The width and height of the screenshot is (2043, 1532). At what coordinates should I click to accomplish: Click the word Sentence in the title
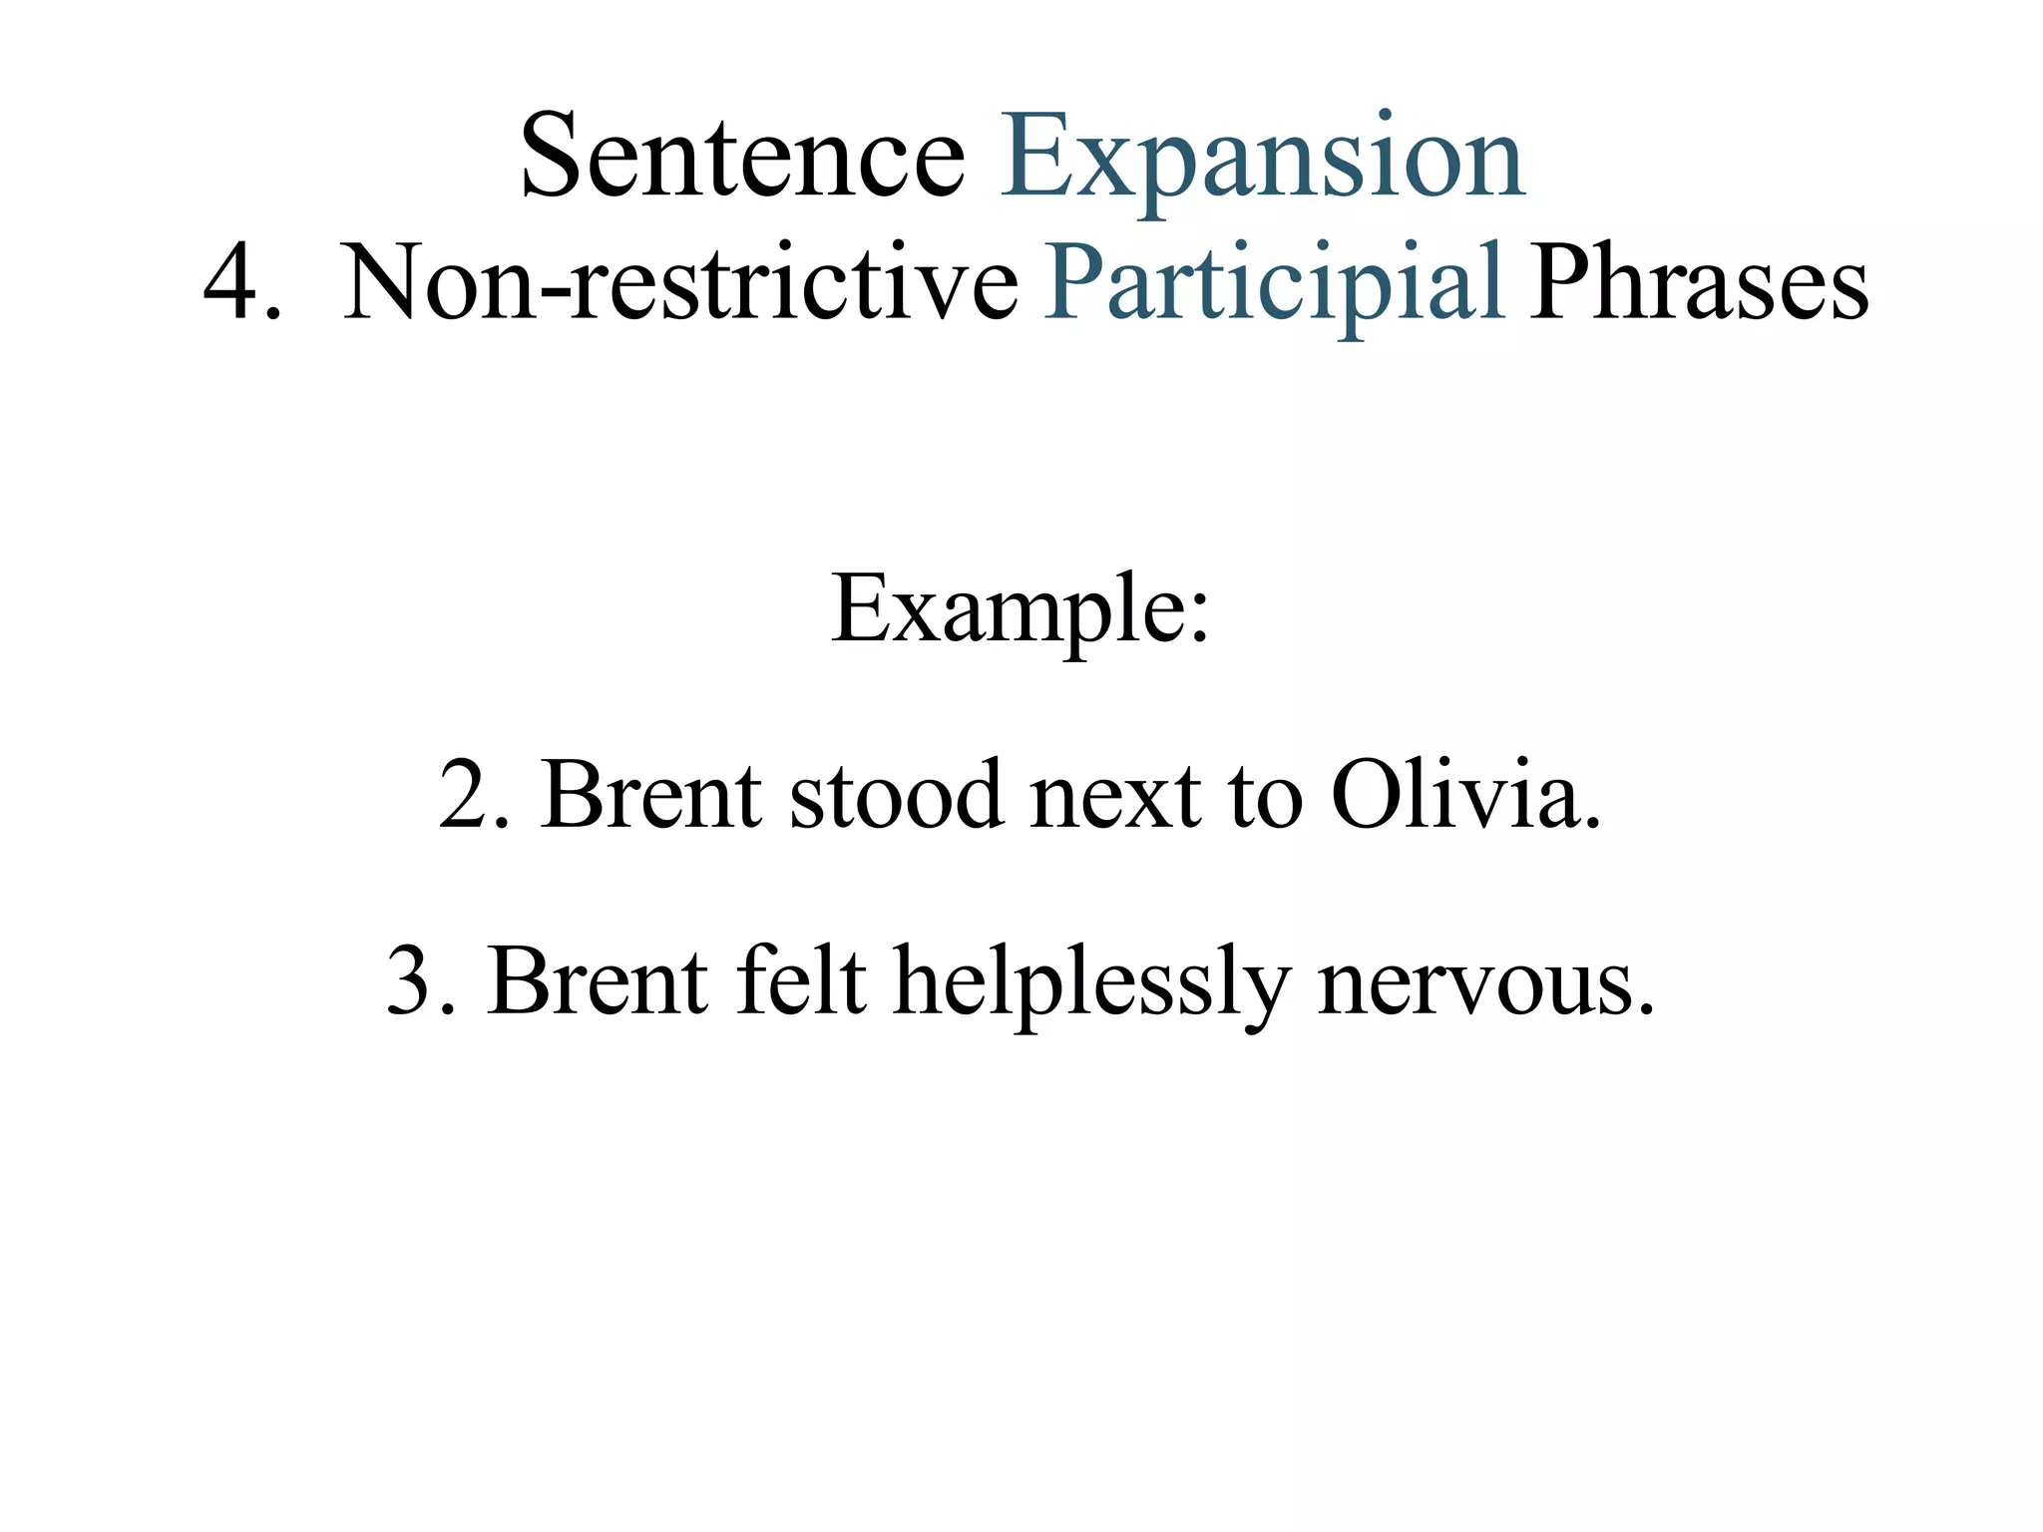click(742, 157)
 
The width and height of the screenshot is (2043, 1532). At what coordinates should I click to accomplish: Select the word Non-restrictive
click(680, 283)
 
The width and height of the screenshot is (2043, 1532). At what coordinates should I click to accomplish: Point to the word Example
click(1008, 610)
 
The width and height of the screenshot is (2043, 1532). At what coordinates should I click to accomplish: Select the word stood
click(897, 796)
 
